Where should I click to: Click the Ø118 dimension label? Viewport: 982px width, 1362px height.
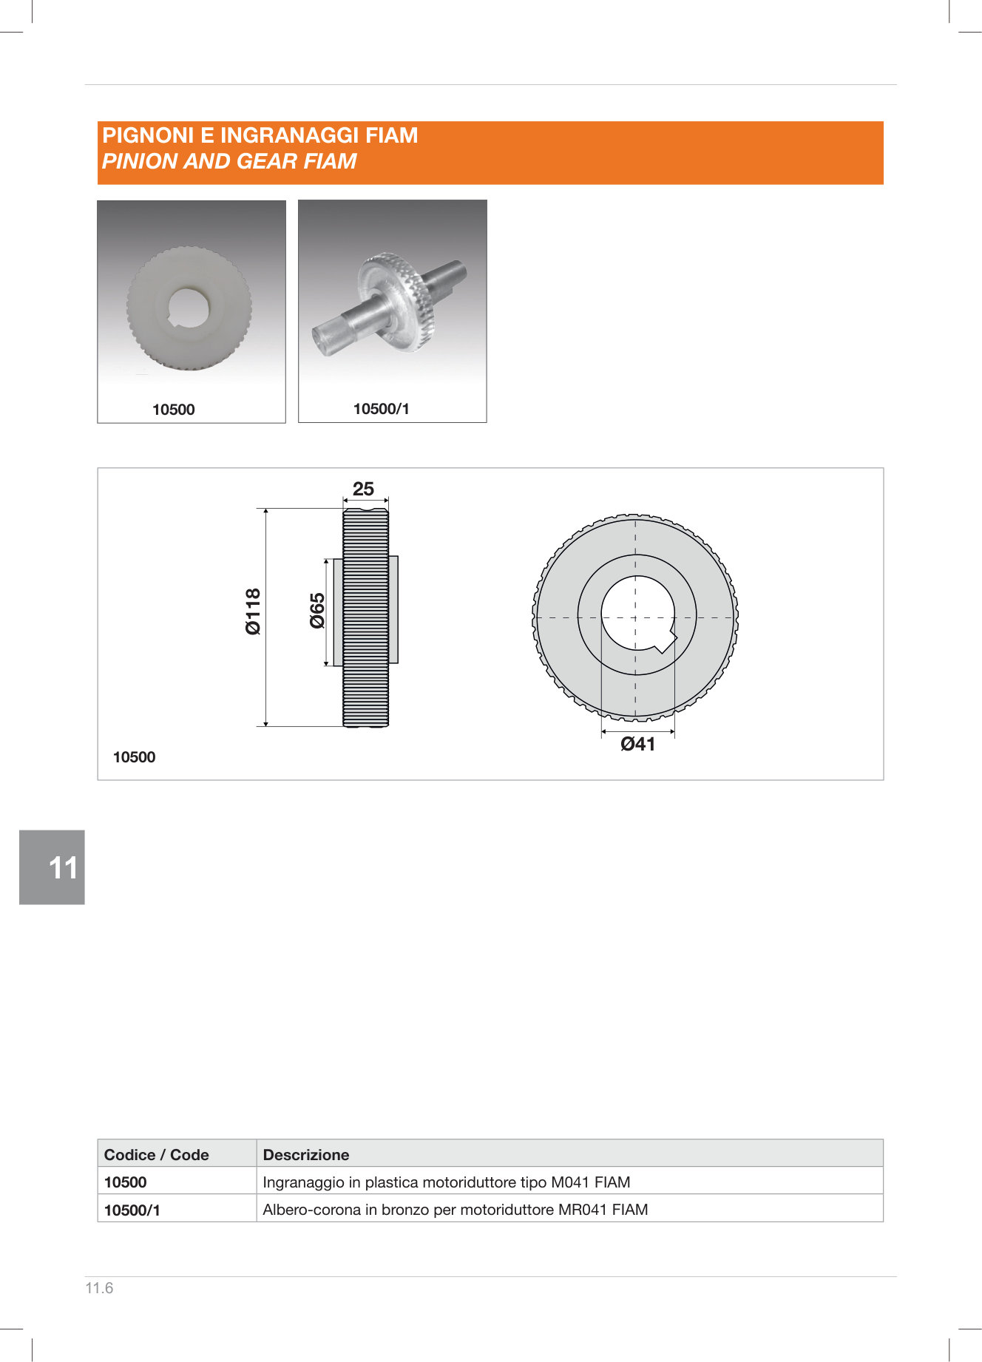tap(253, 611)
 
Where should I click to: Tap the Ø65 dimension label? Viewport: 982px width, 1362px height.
tap(317, 611)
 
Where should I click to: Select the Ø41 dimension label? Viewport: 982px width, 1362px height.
tap(637, 745)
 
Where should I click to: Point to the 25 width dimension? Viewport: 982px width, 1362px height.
tap(363, 489)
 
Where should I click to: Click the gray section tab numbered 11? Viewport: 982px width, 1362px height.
tap(52, 867)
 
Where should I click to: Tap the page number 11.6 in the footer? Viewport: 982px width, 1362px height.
tap(99, 1288)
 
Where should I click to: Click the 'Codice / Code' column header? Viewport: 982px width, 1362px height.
tap(156, 1155)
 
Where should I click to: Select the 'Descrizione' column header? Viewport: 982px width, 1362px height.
tap(306, 1155)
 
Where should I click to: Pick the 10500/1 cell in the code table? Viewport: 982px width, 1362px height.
tap(132, 1210)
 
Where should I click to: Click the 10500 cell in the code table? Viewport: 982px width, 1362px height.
tap(126, 1182)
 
